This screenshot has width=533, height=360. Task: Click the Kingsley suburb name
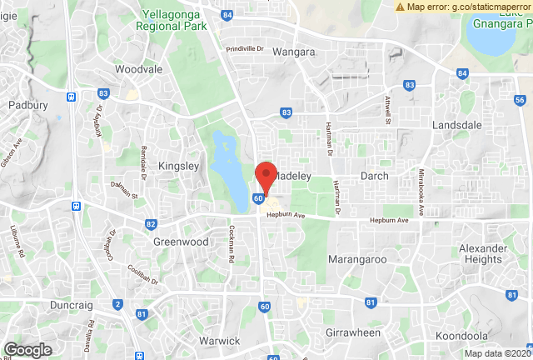point(178,166)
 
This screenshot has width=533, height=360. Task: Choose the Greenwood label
point(180,242)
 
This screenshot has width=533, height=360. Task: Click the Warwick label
point(220,341)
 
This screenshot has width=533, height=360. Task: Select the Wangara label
point(293,52)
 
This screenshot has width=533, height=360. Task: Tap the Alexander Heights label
point(483,254)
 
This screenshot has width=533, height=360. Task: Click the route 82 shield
point(151,224)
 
